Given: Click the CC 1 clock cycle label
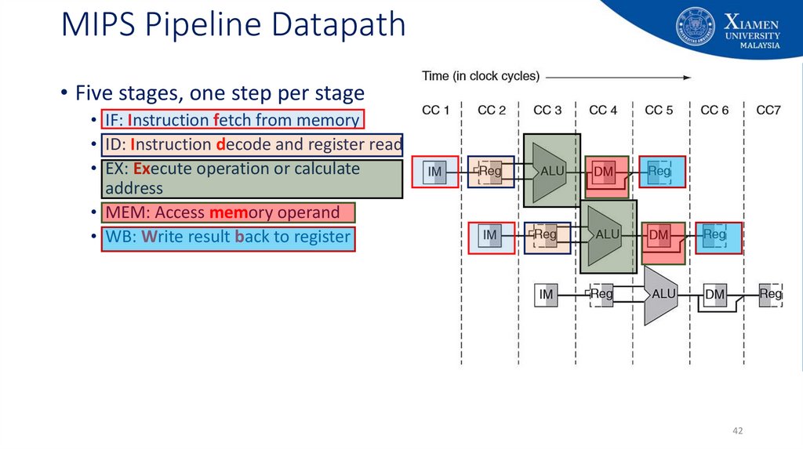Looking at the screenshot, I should [436, 110].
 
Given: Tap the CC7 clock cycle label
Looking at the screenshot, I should [768, 110].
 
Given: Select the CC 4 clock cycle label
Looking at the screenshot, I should [603, 110].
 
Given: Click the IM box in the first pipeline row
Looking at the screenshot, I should [434, 172].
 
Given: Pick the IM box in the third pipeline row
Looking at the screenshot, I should [547, 295].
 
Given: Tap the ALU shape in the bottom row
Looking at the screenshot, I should [661, 294].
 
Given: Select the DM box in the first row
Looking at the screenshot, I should [604, 172].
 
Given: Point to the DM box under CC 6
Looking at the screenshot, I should [714, 295].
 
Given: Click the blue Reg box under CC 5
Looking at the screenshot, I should [659, 171].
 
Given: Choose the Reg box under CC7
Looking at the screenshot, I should [770, 294].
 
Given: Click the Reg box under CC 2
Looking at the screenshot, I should [490, 172].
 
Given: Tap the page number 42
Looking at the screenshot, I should [737, 430].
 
